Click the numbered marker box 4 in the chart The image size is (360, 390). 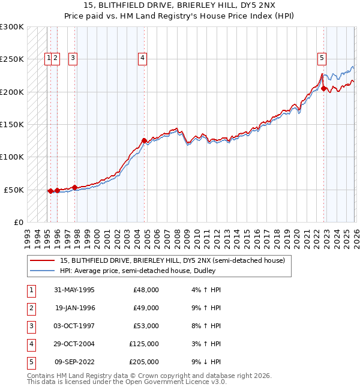[143, 58]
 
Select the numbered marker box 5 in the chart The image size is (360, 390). [322, 58]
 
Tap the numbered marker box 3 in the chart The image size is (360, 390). [73, 58]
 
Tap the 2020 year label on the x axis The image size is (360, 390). [295, 235]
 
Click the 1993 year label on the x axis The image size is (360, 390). [27, 235]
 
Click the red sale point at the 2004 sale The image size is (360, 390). [145, 141]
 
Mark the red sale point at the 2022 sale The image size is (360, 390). [323, 89]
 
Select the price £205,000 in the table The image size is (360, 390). [144, 362]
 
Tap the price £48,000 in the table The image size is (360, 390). [146, 290]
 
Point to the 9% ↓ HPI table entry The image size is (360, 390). [205, 362]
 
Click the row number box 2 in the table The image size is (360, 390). [30, 308]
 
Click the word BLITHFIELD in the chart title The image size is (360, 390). [113, 5]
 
